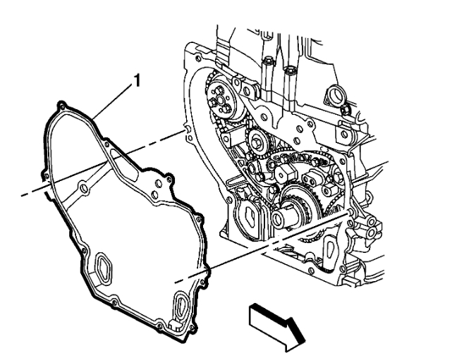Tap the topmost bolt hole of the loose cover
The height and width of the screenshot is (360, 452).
pyautogui.click(x=63, y=106)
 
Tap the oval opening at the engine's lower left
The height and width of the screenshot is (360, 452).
pyautogui.click(x=249, y=218)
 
